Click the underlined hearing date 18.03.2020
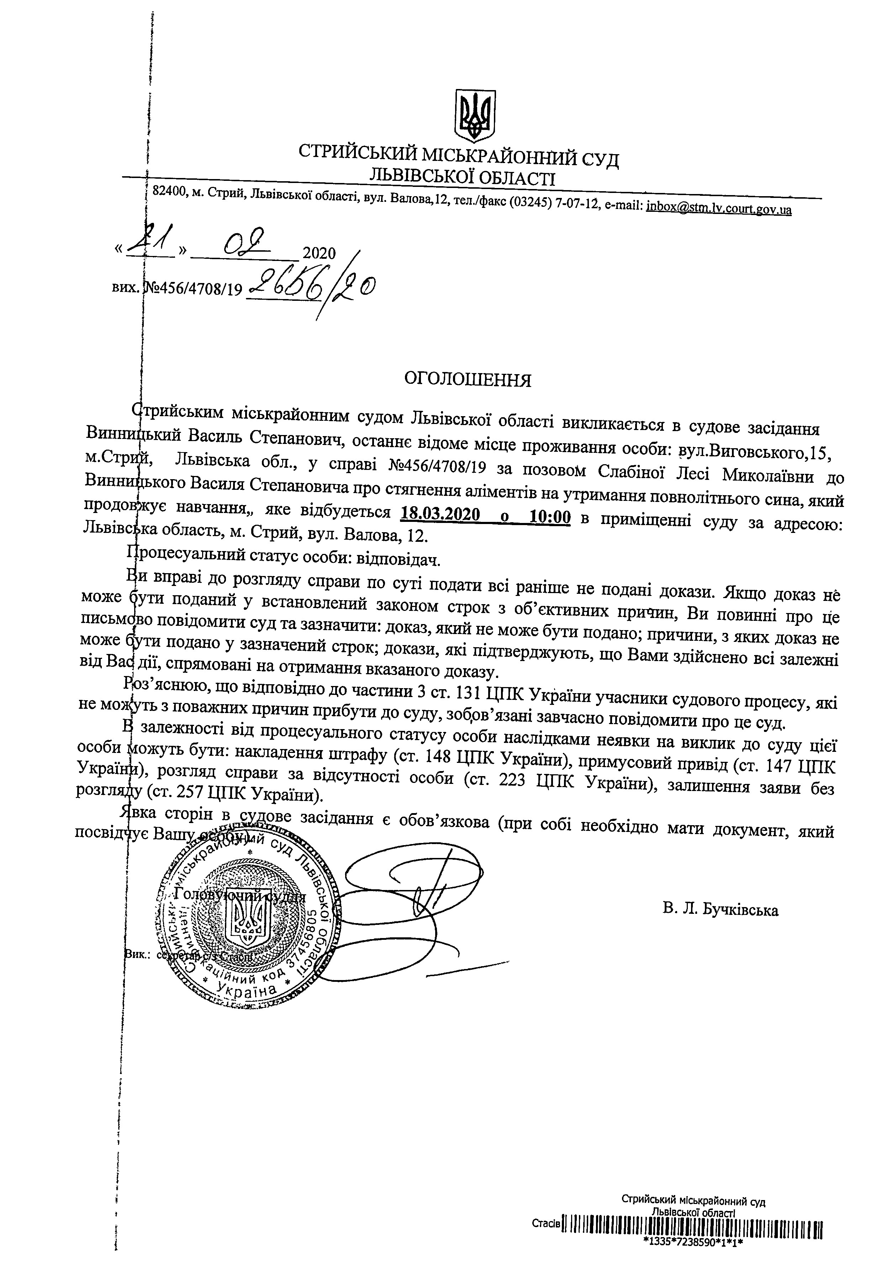coord(439,517)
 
